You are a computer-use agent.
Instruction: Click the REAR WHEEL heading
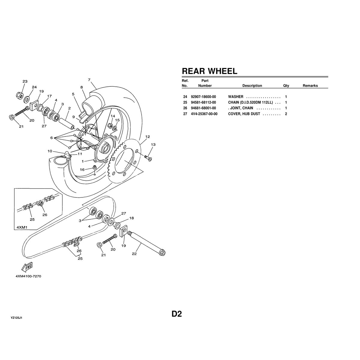pyautogui.click(x=209, y=71)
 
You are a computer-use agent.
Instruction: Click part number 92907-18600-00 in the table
pyautogui.click(x=203, y=97)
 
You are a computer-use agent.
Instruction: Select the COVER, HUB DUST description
pyautogui.click(x=244, y=114)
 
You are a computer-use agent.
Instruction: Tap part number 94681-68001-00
pyautogui.click(x=203, y=108)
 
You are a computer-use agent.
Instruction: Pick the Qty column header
pyautogui.click(x=286, y=86)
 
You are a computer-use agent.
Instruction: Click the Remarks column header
pyautogui.click(x=310, y=86)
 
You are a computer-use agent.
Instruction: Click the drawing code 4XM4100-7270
pyautogui.click(x=27, y=276)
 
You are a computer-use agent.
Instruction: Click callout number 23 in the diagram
pyautogui.click(x=25, y=82)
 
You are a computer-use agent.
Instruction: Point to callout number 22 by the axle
pyautogui.click(x=134, y=254)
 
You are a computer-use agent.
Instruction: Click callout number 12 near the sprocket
pyautogui.click(x=147, y=137)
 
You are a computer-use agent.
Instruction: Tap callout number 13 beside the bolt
pyautogui.click(x=153, y=145)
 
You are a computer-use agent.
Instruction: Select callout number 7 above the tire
pyautogui.click(x=89, y=80)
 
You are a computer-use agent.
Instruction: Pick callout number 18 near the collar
pyautogui.click(x=131, y=218)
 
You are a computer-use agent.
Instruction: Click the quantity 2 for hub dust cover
pyautogui.click(x=286, y=114)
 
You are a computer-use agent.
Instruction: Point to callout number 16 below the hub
pyautogui.click(x=82, y=169)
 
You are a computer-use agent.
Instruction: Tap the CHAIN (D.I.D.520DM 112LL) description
pyautogui.click(x=250, y=103)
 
